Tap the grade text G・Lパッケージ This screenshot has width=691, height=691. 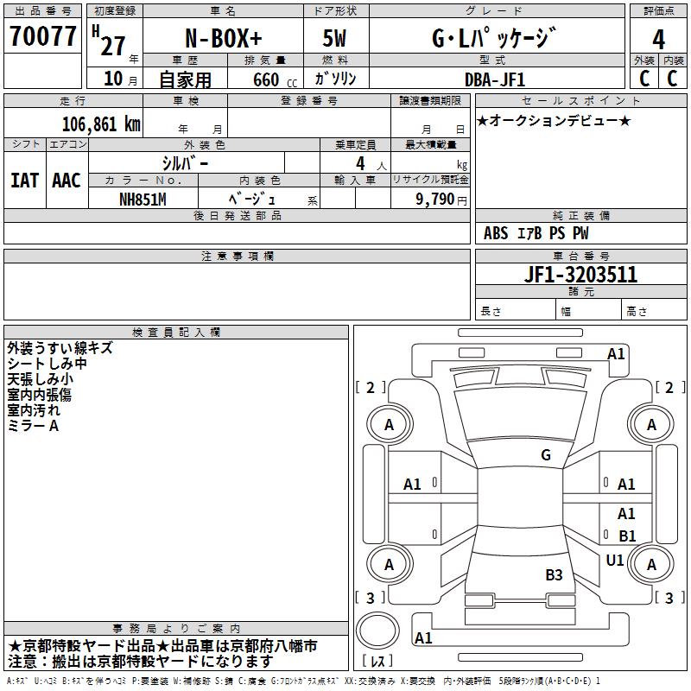(x=493, y=38)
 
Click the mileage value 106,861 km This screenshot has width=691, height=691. (x=101, y=124)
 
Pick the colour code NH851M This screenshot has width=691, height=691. (x=143, y=199)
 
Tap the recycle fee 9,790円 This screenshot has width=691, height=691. (x=441, y=200)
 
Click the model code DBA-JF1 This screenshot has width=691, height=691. (x=495, y=79)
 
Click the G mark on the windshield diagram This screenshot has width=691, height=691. (x=546, y=455)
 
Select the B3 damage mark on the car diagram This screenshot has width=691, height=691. (x=554, y=574)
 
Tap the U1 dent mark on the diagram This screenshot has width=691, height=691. (x=615, y=561)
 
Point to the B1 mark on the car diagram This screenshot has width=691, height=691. (x=627, y=536)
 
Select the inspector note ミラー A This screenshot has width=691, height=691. (x=33, y=426)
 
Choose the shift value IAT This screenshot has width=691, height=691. (x=24, y=181)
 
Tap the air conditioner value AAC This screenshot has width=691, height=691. (x=67, y=181)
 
